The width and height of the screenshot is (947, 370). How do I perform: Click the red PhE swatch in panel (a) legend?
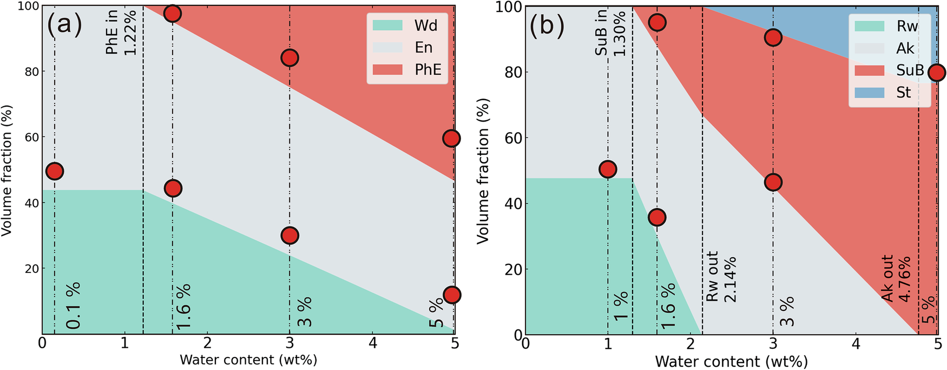(387, 69)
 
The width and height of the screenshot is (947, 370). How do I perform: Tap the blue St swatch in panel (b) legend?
(869, 93)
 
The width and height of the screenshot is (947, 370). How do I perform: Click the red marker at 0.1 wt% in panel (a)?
(55, 171)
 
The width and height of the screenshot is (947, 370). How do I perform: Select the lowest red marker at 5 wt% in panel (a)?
(452, 295)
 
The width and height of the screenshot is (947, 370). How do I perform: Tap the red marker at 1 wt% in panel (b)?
(608, 169)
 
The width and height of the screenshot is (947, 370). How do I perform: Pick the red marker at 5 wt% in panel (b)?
(937, 72)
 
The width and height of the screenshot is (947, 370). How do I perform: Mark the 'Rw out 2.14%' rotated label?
(721, 276)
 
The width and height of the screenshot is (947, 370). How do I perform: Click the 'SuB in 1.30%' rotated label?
(610, 33)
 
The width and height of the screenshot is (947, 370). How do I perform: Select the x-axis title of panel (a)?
(248, 360)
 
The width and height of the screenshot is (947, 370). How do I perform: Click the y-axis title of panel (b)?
(483, 171)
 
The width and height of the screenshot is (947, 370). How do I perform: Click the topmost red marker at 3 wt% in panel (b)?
(773, 37)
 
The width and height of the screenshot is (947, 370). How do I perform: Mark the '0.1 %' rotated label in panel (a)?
(73, 306)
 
